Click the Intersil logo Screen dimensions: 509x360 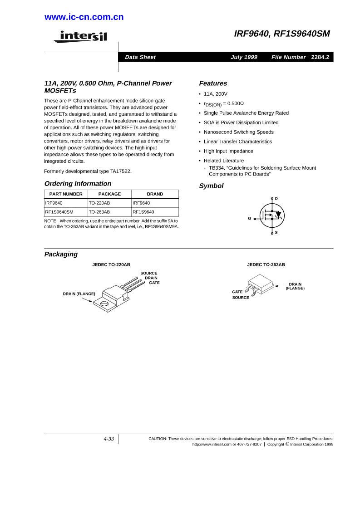[x=80, y=36]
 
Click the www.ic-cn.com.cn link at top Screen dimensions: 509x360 [x=84, y=18]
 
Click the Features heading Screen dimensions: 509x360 [x=213, y=83]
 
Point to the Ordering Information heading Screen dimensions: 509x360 [x=78, y=184]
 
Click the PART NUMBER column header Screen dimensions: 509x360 [x=66, y=194]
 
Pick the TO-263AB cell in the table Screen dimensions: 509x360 [x=99, y=212]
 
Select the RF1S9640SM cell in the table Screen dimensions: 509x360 [x=59, y=212]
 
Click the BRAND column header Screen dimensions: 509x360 [x=155, y=194]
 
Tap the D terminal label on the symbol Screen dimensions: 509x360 [x=276, y=199]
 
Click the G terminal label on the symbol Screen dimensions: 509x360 [x=249, y=219]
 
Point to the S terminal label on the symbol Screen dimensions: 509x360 [x=276, y=233]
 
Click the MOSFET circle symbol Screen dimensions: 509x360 [x=272, y=215]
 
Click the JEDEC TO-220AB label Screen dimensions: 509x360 [x=111, y=264]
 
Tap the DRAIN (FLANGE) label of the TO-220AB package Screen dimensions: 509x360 [x=79, y=294]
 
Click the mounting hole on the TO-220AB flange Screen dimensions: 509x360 [x=104, y=303]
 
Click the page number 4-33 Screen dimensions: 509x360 [x=108, y=439]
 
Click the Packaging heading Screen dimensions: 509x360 [x=61, y=254]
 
